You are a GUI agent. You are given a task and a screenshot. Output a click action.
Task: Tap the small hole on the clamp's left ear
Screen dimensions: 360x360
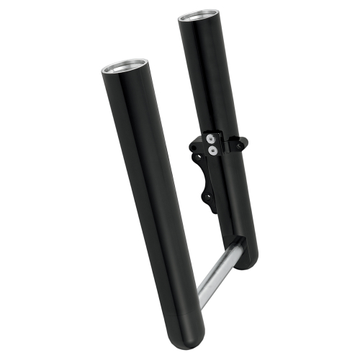click(x=193, y=143)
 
